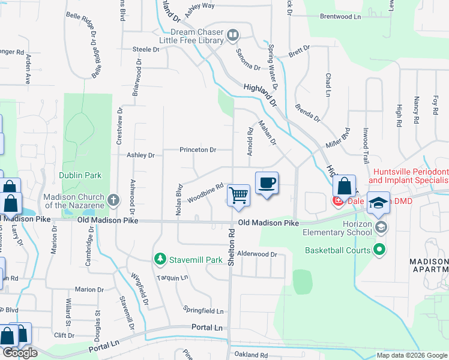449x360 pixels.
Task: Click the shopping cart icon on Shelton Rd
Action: click(239, 195)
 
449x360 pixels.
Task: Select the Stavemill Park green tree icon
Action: click(160, 259)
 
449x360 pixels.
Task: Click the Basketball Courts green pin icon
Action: click(378, 249)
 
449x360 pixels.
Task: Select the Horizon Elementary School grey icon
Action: click(382, 227)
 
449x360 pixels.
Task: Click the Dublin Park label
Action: click(80, 175)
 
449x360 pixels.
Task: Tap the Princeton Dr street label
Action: click(197, 150)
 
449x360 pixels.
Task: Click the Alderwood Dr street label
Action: click(258, 254)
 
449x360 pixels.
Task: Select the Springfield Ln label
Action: click(203, 311)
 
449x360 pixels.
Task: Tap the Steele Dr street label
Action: click(145, 50)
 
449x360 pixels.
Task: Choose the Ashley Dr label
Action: click(140, 155)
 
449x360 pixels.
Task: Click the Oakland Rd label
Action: click(252, 355)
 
